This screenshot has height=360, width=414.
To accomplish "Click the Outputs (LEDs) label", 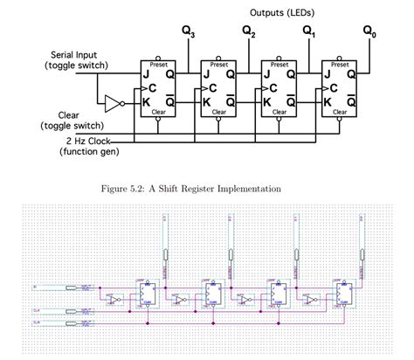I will coord(284,12).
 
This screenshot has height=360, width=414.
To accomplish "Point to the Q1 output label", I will coord(308,31).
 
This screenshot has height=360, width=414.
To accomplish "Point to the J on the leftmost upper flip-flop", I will coord(148,74).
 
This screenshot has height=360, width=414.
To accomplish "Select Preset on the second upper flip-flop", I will coord(218,64).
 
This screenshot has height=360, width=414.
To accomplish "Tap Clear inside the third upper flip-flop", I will coord(279,112).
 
